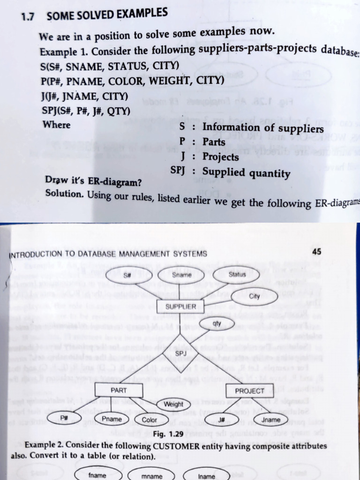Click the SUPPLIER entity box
pos(181,307)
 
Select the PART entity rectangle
pos(119,390)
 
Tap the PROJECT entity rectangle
pos(249,390)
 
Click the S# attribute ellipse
pos(127,275)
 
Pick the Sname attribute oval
pos(181,275)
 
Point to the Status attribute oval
pos(237,275)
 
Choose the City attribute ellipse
pos(255,296)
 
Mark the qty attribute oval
pos(216,323)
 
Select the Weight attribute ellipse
pos(173,404)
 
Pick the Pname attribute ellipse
pos(112,419)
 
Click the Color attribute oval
pos(150,420)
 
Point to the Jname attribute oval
pos(271,420)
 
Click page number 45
pos(316,252)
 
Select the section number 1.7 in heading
pos(29,17)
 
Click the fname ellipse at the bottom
pos(97,475)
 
